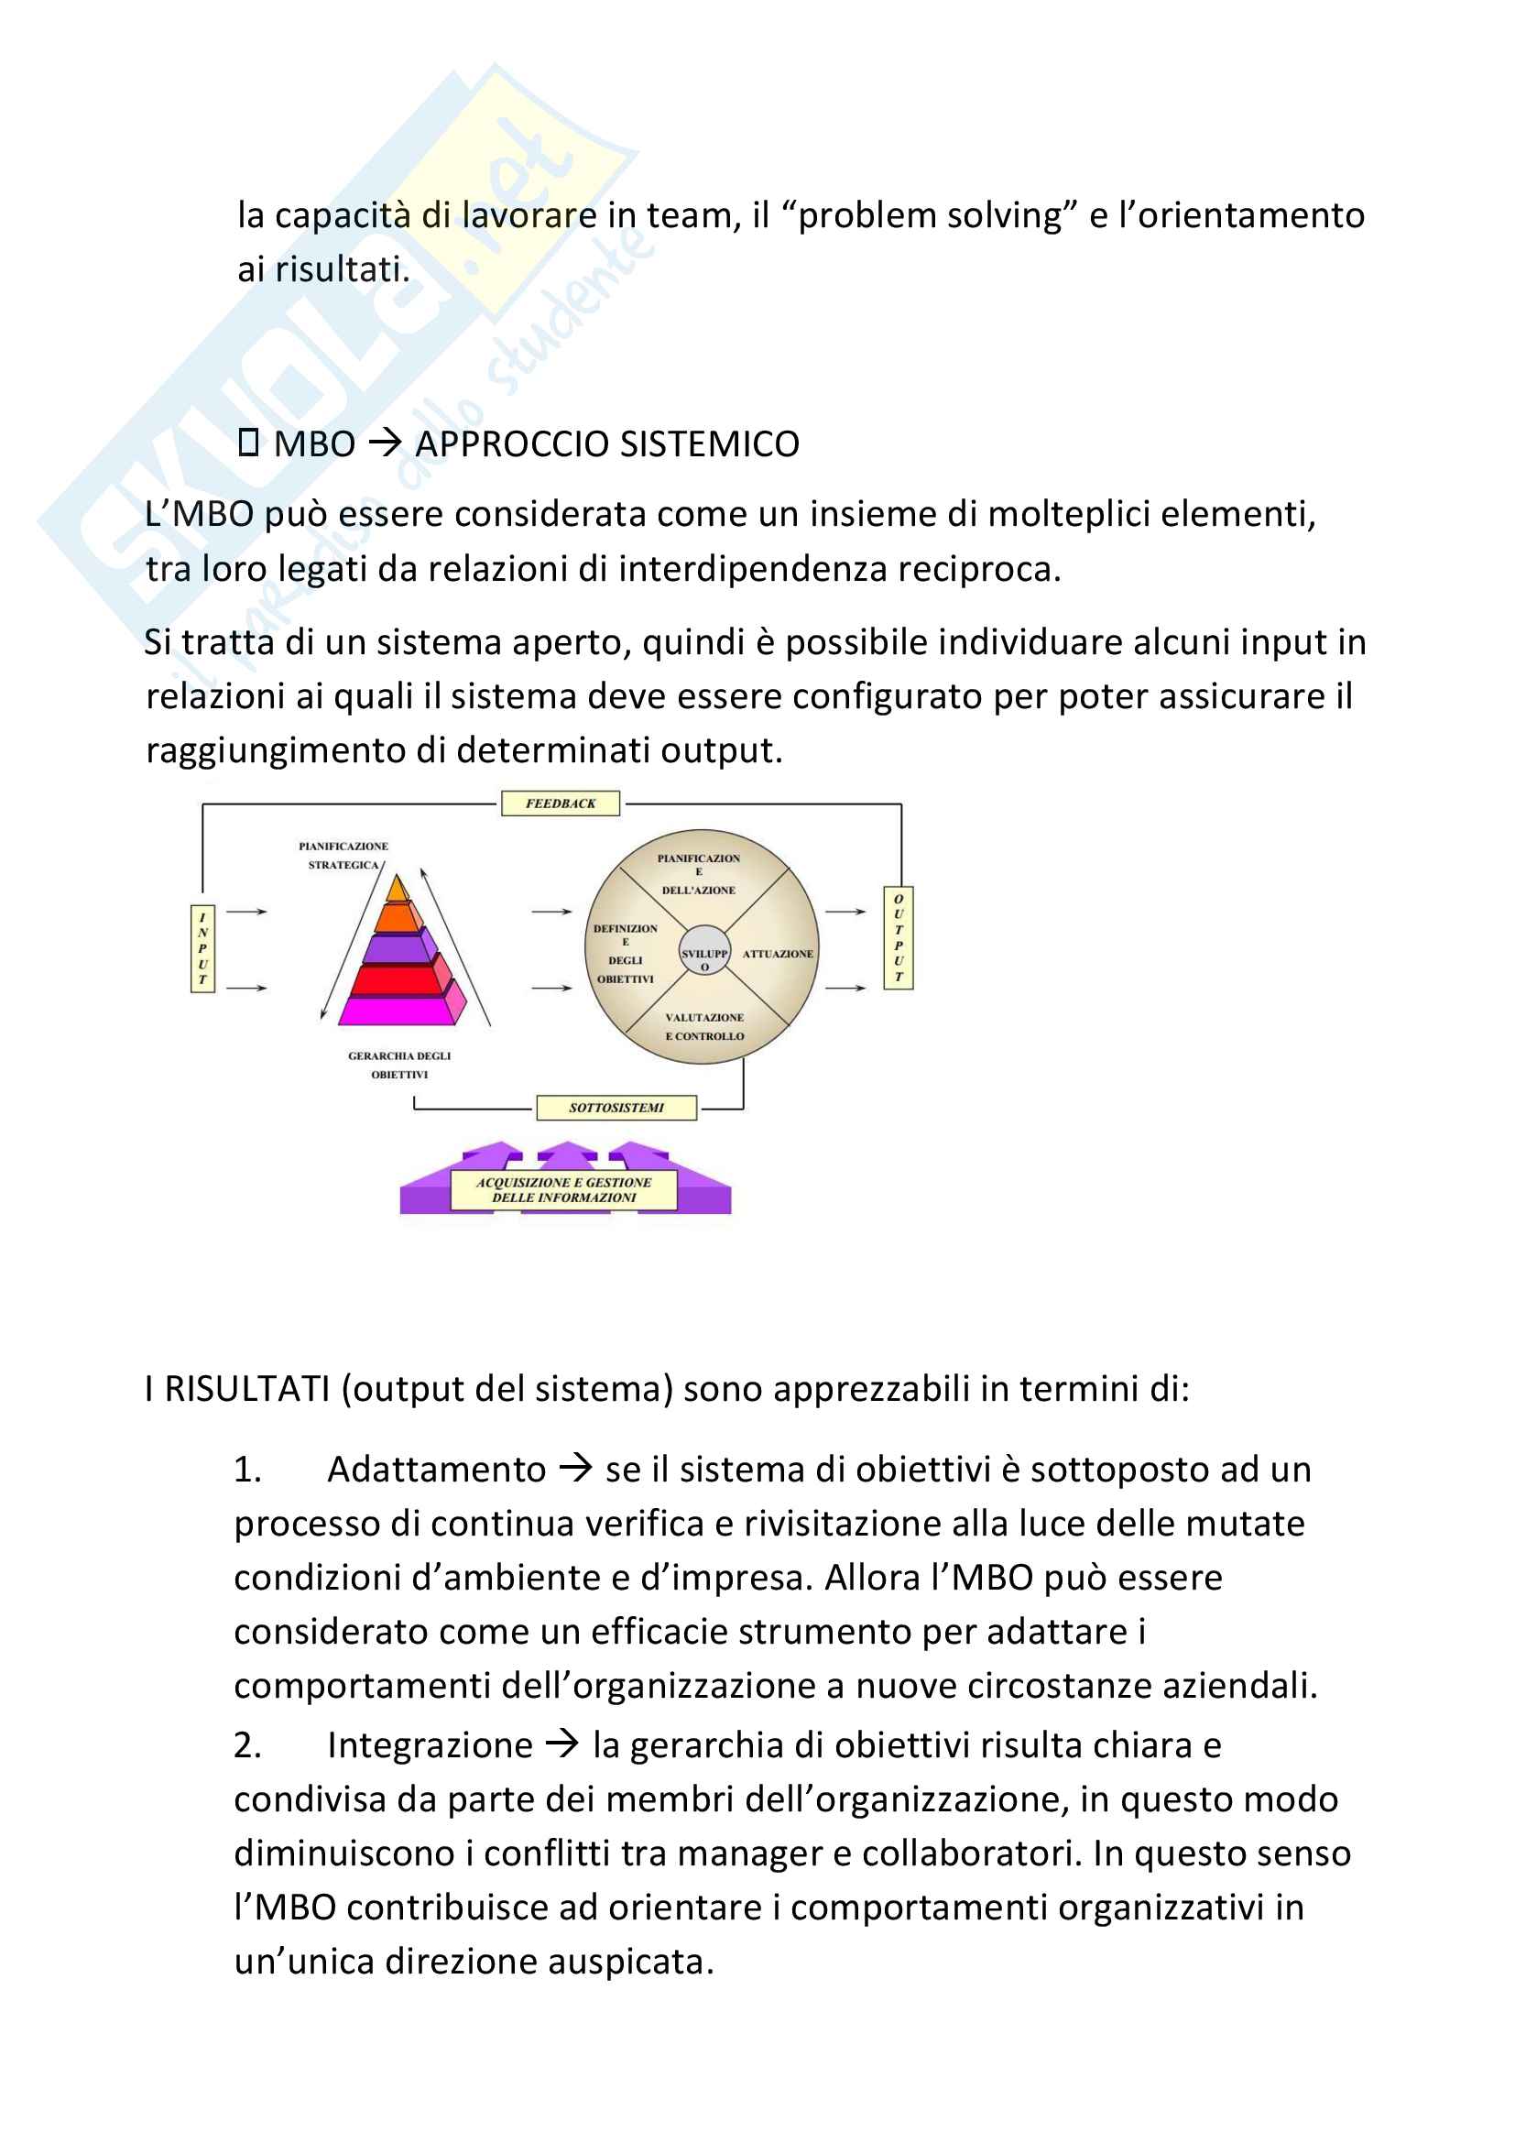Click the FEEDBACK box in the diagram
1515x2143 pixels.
[560, 804]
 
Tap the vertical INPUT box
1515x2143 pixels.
[202, 948]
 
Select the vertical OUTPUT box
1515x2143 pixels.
[899, 938]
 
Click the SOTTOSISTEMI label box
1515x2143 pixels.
[616, 1108]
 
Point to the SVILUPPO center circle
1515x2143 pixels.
[704, 951]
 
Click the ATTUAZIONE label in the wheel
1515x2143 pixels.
[777, 954]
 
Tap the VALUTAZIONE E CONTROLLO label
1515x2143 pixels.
[704, 1027]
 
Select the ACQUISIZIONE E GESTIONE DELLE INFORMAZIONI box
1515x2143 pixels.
[563, 1190]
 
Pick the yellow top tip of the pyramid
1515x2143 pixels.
[398, 888]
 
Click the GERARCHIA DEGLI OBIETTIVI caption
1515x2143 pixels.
[399, 1065]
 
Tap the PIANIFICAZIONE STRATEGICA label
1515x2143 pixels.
[343, 855]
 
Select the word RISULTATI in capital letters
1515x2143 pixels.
[247, 1389]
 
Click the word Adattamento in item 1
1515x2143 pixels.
[437, 1470]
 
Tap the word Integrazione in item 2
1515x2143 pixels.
[431, 1745]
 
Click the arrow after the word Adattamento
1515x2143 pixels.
[575, 1469]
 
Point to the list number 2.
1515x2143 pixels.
[247, 1745]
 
